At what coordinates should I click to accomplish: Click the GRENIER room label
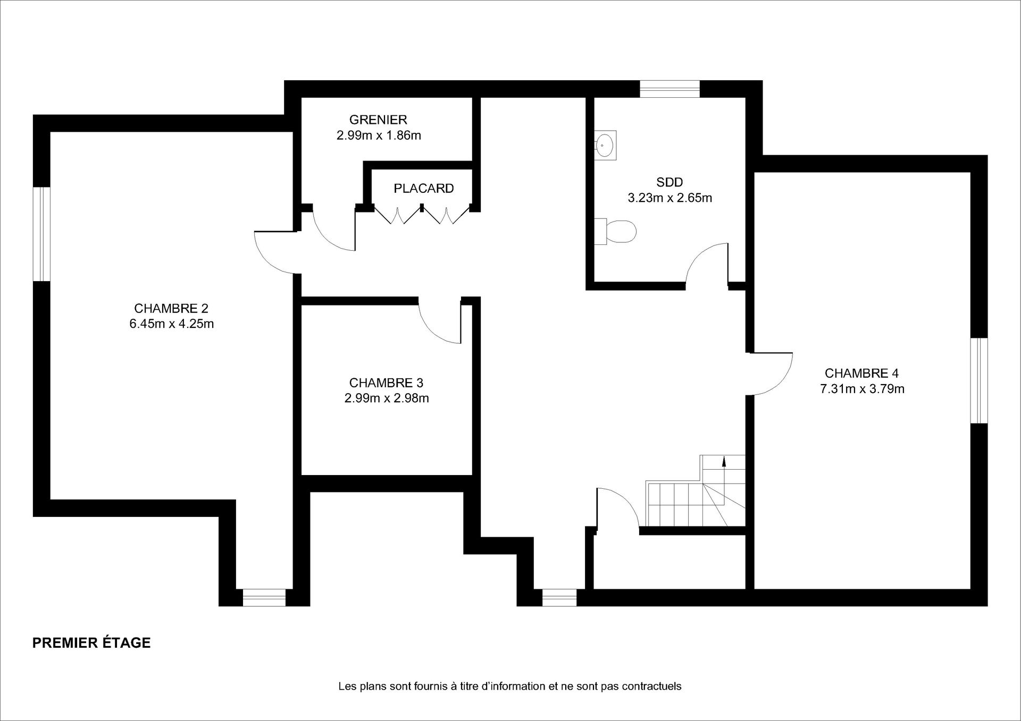pyautogui.click(x=378, y=120)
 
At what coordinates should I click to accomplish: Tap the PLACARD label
pyautogui.click(x=424, y=188)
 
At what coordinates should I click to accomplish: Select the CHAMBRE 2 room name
pyautogui.click(x=171, y=308)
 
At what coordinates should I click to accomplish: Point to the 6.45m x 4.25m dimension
pyautogui.click(x=172, y=324)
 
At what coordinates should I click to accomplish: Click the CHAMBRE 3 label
pyautogui.click(x=386, y=383)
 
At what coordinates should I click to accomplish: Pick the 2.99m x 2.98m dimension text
pyautogui.click(x=387, y=398)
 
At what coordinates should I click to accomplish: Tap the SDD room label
pyautogui.click(x=669, y=182)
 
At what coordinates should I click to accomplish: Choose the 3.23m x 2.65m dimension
pyautogui.click(x=670, y=198)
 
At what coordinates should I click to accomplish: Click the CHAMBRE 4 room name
pyautogui.click(x=861, y=373)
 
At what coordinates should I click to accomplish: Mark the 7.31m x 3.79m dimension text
pyautogui.click(x=862, y=388)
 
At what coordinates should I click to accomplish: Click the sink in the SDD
pyautogui.click(x=605, y=145)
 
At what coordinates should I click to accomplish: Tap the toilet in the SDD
pyautogui.click(x=615, y=231)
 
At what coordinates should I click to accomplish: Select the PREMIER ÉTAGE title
pyautogui.click(x=91, y=643)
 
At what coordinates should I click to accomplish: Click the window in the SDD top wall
pyautogui.click(x=669, y=89)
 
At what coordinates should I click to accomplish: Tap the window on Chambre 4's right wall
pyautogui.click(x=979, y=380)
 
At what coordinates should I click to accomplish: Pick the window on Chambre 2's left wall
pyautogui.click(x=41, y=234)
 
